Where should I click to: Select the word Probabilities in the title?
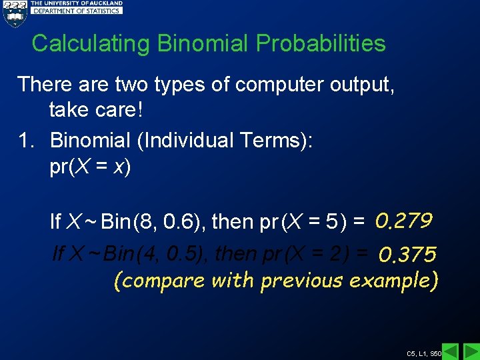click(321, 44)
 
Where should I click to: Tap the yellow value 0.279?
click(405, 219)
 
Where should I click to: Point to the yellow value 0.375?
click(407, 254)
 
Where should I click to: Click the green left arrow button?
click(451, 351)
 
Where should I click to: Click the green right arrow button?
click(470, 351)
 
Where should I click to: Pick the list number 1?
click(25, 140)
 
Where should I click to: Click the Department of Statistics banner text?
click(77, 11)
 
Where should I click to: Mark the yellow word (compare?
click(159, 281)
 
